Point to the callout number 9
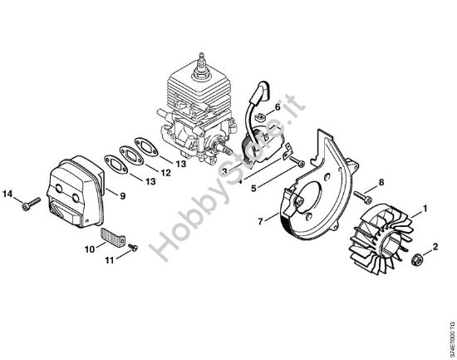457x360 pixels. (122, 196)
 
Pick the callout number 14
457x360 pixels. (8, 194)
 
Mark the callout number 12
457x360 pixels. (165, 173)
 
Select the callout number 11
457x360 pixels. (106, 262)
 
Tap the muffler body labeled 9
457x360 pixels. (75, 190)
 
